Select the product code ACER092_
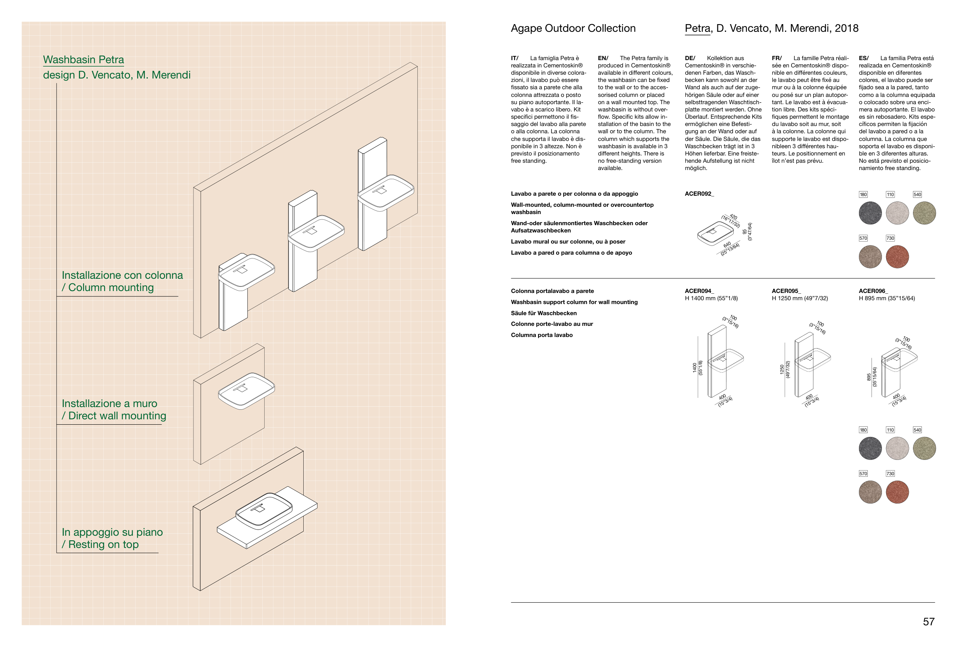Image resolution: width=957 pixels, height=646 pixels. pos(699,193)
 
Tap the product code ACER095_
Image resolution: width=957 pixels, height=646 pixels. pos(786,291)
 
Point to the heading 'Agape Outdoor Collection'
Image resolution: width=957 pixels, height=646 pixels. pos(573,28)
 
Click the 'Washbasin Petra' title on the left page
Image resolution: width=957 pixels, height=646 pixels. pos(83,60)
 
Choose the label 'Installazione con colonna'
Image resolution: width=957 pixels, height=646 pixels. pos(122,275)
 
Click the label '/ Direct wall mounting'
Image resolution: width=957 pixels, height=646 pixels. pos(114,416)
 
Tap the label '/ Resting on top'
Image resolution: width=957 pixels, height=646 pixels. pos(100,544)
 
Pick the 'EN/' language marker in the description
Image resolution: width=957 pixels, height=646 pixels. pos(603,58)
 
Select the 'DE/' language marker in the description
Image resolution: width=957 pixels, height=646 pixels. pos(690,58)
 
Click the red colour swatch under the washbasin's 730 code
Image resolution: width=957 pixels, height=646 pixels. pos(897,257)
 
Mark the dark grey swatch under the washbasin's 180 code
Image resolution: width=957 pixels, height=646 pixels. pos(870,213)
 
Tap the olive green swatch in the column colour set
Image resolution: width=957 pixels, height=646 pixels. pos(924,448)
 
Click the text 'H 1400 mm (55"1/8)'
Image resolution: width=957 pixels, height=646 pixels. pos(711,298)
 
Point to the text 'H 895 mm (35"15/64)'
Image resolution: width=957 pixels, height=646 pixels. pos(887,298)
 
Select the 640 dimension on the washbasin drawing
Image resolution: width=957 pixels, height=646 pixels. pos(727,245)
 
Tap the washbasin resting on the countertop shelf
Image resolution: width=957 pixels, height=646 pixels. pos(263,510)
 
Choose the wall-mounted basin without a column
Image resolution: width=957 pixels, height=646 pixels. pos(246,390)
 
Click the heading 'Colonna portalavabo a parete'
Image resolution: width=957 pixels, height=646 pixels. pos(552,291)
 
